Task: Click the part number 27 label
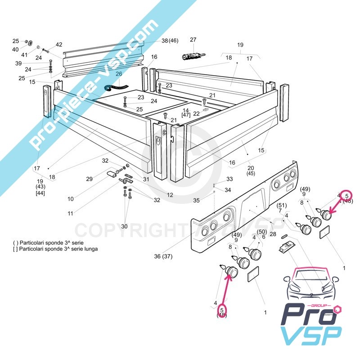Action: pos(193,40)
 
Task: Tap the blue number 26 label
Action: pos(119,74)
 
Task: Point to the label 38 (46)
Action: pos(170,40)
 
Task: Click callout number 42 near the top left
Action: pos(59,45)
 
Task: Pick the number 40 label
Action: pos(15,49)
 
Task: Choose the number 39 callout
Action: pos(18,63)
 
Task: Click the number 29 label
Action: pos(89,179)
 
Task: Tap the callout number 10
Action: pos(71,199)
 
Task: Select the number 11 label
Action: pos(70,214)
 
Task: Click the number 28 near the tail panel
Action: pos(273,234)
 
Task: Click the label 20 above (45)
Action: pos(250,168)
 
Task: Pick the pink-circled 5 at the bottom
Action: pos(221,310)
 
